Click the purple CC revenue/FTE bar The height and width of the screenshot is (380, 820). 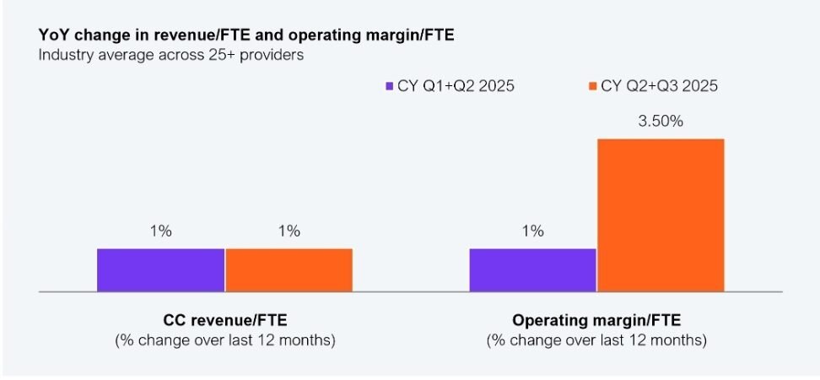[160, 269]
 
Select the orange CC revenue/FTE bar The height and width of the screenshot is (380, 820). [289, 269]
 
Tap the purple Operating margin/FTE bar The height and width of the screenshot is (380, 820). [533, 269]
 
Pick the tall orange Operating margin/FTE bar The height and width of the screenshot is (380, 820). [661, 214]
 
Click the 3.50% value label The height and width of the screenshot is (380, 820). [661, 122]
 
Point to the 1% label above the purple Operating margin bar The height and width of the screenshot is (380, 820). [533, 231]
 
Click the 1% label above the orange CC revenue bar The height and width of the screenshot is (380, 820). [289, 231]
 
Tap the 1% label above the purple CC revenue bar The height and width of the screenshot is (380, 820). [160, 231]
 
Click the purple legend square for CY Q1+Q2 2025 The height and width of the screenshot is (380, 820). [388, 86]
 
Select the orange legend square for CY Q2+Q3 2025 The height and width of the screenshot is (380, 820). [592, 86]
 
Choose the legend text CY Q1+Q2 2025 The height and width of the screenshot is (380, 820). [456, 86]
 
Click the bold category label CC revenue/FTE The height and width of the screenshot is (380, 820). [225, 320]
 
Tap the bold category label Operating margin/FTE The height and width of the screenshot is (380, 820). [596, 320]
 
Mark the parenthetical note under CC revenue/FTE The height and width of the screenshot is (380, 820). [225, 340]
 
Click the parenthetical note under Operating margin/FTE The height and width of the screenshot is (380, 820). [596, 340]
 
